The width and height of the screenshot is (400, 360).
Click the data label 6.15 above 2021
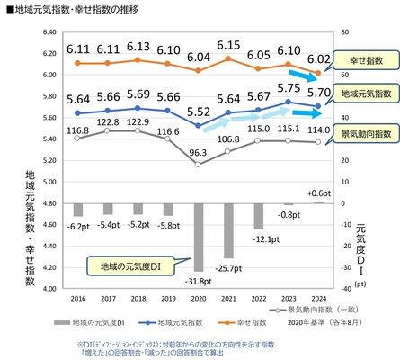click(x=228, y=45)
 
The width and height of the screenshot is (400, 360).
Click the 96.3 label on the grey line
click(x=198, y=153)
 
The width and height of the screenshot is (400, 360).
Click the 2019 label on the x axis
click(x=167, y=300)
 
